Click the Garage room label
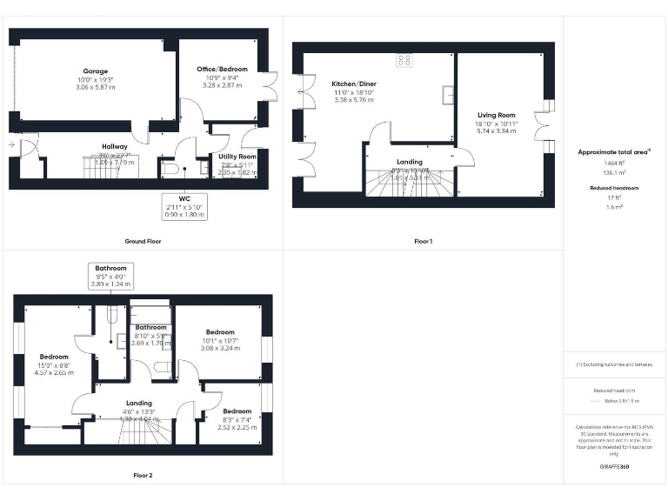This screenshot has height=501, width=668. coord(96,70)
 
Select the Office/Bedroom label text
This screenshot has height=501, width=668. coord(221,70)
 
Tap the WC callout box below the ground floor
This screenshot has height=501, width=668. coord(184,207)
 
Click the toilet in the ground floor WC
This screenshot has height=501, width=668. coord(171,169)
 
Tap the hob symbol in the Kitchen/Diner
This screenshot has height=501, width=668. coord(405,61)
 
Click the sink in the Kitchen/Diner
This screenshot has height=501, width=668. coord(447,93)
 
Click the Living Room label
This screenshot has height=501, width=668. coord(496,115)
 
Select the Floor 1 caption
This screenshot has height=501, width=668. coord(423,241)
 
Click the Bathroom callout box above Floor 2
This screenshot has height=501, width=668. coord(111,276)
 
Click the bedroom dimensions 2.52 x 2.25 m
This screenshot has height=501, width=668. coord(237,427)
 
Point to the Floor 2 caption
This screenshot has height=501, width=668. coord(143,476)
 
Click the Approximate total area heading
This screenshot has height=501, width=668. coord(614,151)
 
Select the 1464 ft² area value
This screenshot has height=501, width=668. coord(614,163)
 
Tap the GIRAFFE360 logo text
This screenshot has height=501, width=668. coord(614,467)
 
